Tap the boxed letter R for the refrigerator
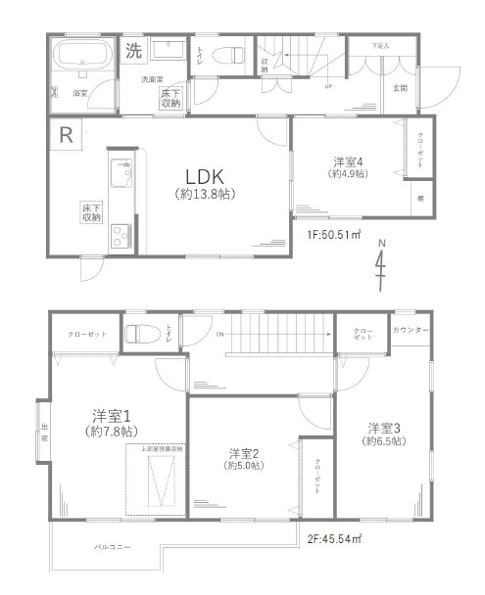click(65, 135)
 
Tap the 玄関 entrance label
click(401, 88)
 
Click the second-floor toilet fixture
click(138, 333)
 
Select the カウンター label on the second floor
click(411, 330)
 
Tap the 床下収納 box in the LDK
click(91, 212)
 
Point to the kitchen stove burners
click(121, 233)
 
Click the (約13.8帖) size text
click(205, 195)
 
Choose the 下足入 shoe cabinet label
click(380, 46)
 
